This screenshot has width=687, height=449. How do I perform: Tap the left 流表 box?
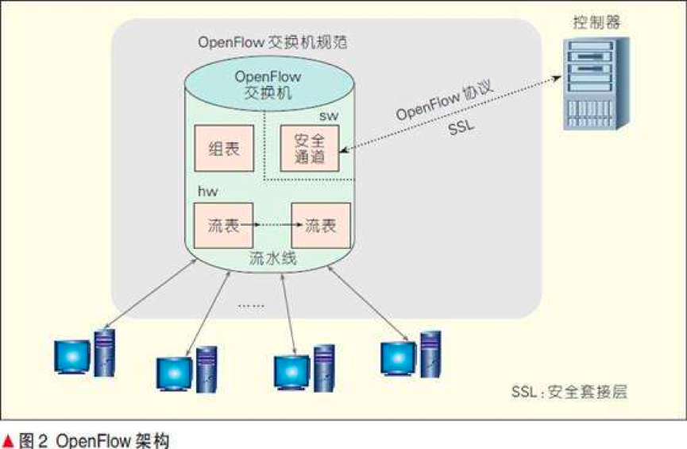click(223, 226)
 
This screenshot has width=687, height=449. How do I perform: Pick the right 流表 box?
click(320, 226)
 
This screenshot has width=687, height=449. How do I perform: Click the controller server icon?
click(596, 83)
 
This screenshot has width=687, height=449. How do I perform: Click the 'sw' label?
click(329, 115)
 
